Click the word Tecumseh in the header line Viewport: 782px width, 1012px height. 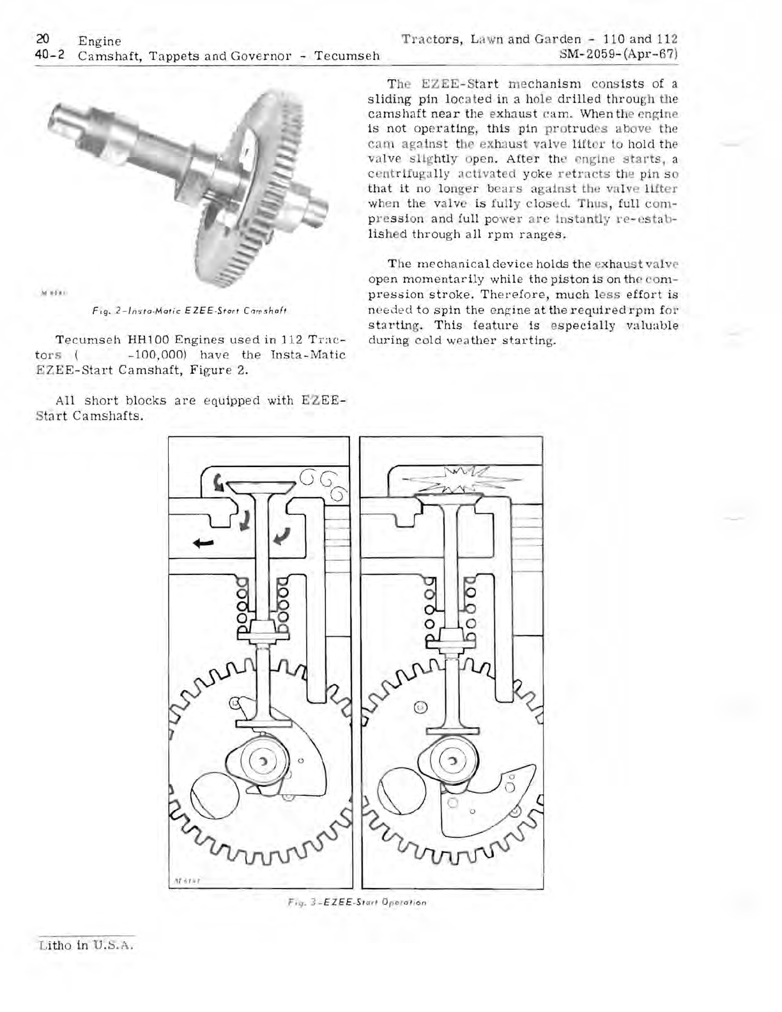[x=348, y=56]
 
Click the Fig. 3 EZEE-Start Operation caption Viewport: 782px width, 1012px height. [x=356, y=903]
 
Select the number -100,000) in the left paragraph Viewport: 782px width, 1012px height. [x=157, y=355]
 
